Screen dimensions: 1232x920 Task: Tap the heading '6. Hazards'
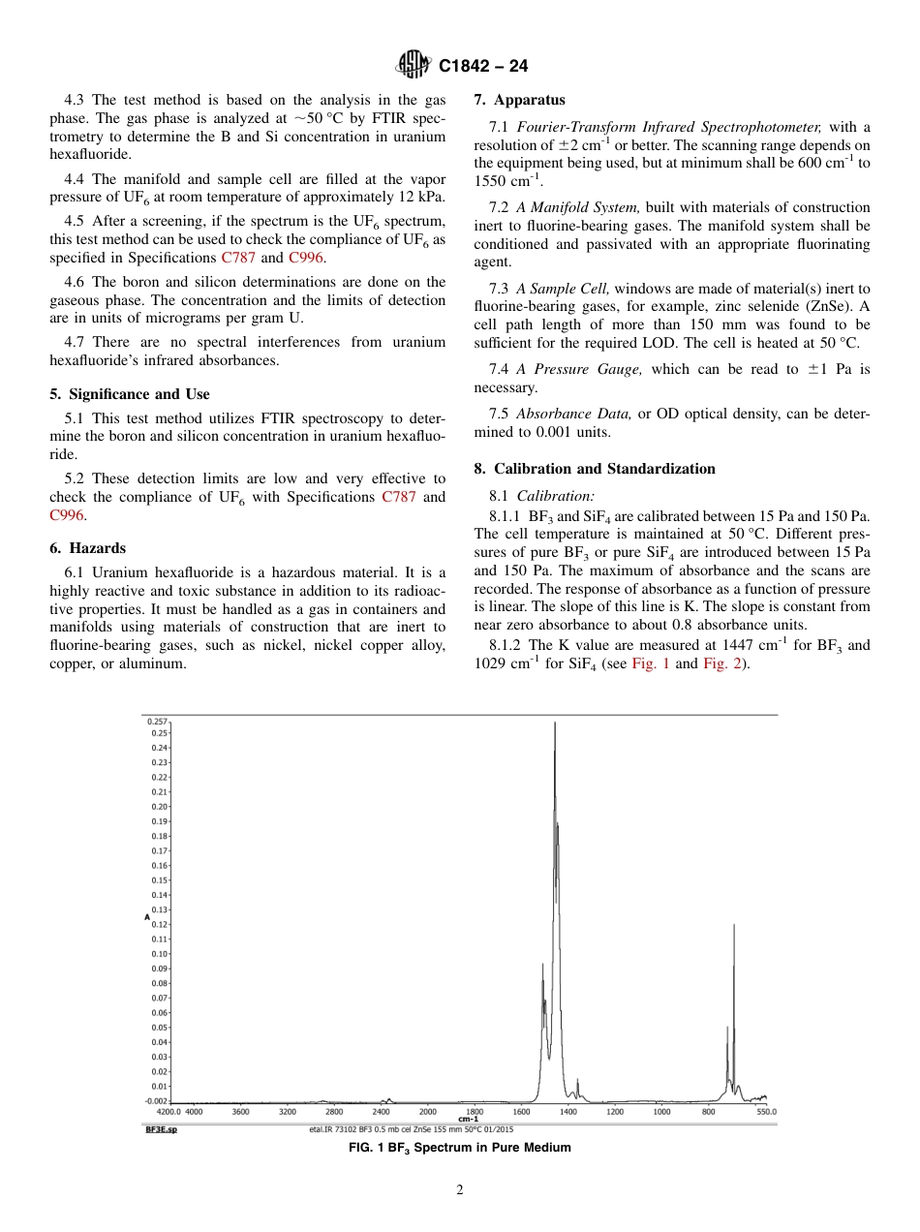tap(87, 548)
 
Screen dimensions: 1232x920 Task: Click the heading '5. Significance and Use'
tap(129, 394)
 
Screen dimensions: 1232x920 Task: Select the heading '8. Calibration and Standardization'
tap(595, 469)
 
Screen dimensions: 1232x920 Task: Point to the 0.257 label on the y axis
tap(157, 722)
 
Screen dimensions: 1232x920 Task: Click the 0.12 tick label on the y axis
tap(160, 924)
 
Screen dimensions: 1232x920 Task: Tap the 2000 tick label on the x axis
tap(428, 1112)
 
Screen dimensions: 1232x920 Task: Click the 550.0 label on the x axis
tap(766, 1112)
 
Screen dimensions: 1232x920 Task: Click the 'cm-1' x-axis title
tap(468, 1119)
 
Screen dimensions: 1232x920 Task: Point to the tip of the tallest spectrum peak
tap(555, 723)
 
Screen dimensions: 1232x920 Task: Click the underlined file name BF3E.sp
tap(162, 1129)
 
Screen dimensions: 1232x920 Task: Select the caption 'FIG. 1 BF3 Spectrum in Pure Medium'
tap(459, 1148)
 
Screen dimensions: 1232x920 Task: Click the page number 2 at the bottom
tap(460, 1190)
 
